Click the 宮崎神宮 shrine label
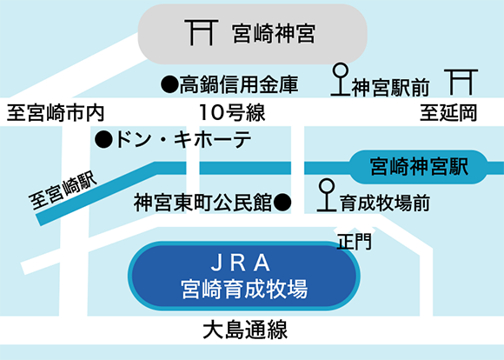coord(274,33)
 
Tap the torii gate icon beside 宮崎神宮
coord(202,32)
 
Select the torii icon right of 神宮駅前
coord(461,82)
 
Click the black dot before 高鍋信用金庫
coord(169,85)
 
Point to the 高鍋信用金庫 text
coord(239,84)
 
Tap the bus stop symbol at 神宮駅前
coord(341,79)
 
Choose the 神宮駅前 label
coord(391,88)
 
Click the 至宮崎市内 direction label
coord(56,112)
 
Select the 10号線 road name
coord(232,112)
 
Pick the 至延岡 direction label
coord(448,113)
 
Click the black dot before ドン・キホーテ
coord(103,140)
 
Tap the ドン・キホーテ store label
coord(183,140)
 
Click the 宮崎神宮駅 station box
coord(419,167)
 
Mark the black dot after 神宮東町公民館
coord(282,203)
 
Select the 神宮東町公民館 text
coord(202,203)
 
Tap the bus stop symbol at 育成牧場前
coord(327,195)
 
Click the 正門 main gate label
coord(355,242)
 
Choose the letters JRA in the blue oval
coord(241,263)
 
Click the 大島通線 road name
coord(245,330)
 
